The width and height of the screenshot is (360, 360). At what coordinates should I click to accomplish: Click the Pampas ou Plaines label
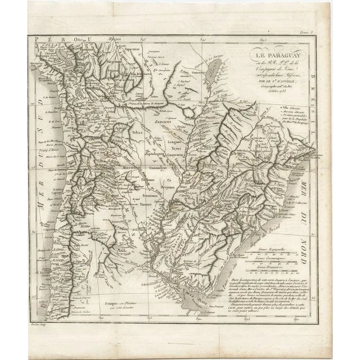tap(116, 303)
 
